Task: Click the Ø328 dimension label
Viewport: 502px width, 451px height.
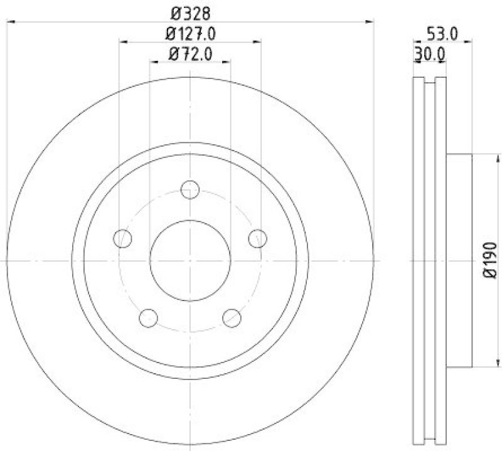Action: (189, 13)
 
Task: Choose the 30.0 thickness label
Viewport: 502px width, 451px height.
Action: (430, 55)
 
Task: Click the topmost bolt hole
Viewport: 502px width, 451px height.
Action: (190, 189)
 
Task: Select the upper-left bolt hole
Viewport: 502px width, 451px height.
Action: (124, 238)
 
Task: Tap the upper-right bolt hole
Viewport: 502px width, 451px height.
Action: (257, 238)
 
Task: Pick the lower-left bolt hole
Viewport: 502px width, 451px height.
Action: (148, 317)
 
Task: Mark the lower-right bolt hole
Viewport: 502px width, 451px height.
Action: (232, 317)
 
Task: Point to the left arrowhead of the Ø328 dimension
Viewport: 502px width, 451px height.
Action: (10, 22)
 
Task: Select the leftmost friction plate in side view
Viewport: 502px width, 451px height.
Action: (419, 260)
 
